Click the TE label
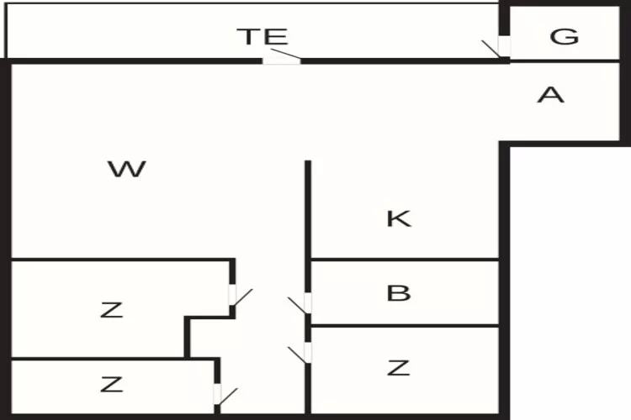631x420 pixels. pyautogui.click(x=262, y=36)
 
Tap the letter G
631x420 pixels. pyautogui.click(x=565, y=36)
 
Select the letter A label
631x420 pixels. pyautogui.click(x=551, y=95)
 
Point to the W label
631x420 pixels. pyautogui.click(x=127, y=169)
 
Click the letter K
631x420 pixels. pyautogui.click(x=399, y=218)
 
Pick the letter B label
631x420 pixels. pyautogui.click(x=399, y=293)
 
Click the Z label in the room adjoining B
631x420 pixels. pyautogui.click(x=399, y=368)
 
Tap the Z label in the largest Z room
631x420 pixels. pyautogui.click(x=111, y=310)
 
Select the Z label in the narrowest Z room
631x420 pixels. pyautogui.click(x=111, y=384)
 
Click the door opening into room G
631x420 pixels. pyautogui.click(x=504, y=46)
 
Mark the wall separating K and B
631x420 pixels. pyautogui.click(x=405, y=260)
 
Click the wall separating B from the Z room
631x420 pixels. pyautogui.click(x=405, y=326)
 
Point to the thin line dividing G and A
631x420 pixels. pyautogui.click(x=565, y=60)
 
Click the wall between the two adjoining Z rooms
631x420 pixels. pyautogui.click(x=98, y=358)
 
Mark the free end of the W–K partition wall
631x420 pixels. pyautogui.click(x=308, y=161)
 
